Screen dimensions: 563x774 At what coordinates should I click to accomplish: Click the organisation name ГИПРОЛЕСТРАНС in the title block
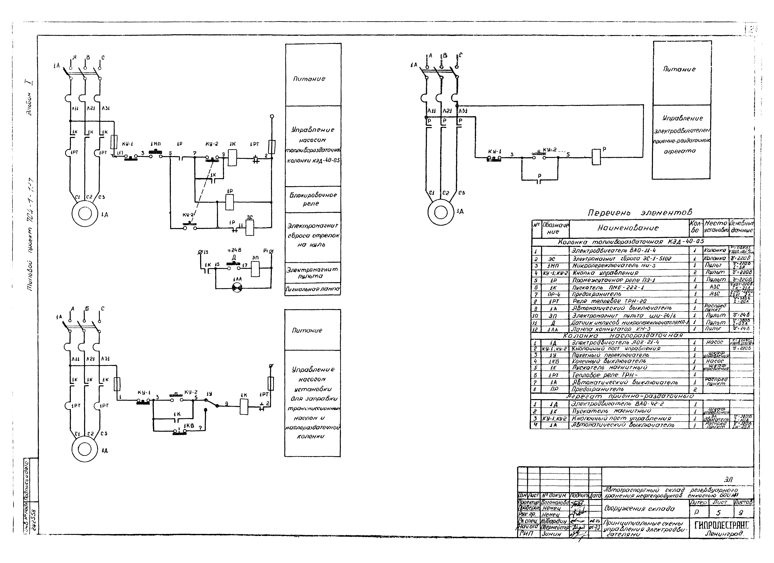721,525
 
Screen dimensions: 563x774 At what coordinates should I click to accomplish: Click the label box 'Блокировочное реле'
313,199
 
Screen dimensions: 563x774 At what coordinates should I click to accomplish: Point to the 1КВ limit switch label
189,426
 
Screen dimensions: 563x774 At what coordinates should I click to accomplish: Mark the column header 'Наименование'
628,228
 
